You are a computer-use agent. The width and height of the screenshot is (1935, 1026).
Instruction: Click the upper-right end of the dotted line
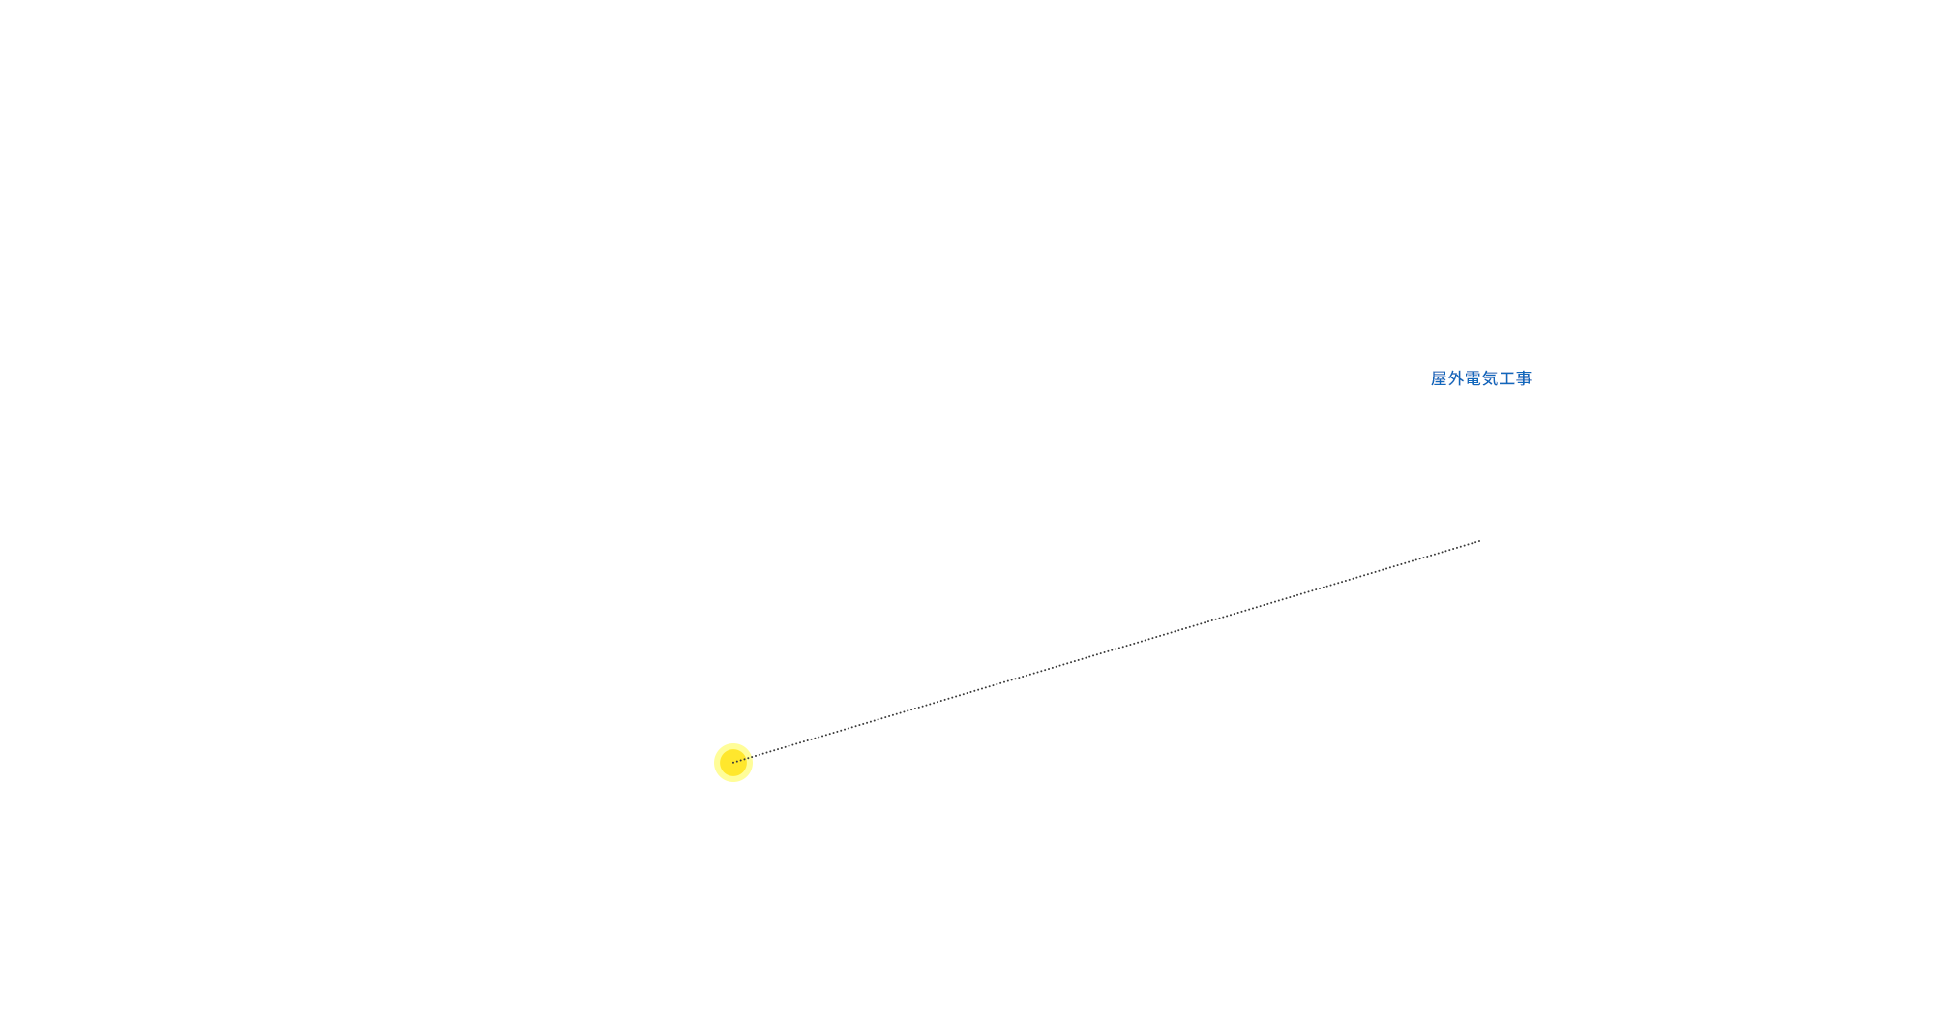coord(1480,541)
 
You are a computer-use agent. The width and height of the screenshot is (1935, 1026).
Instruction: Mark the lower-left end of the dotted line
coord(733,763)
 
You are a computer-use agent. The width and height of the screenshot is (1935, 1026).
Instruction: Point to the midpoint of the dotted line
coord(1107,651)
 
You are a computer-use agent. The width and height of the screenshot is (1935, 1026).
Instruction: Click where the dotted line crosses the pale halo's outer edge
coord(752,757)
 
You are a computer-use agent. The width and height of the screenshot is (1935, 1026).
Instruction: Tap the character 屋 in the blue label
coord(1440,378)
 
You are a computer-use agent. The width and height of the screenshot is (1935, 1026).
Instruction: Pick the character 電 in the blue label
coord(1474,378)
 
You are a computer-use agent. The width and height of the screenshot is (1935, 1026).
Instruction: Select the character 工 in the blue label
coord(1507,378)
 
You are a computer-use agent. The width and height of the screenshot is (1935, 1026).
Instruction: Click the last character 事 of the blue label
coord(1524,378)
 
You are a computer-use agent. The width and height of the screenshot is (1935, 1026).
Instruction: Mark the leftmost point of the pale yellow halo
coord(714,763)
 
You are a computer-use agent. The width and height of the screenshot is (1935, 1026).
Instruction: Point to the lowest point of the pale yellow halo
coord(733,782)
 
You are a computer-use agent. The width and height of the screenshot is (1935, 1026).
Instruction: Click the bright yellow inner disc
coord(733,763)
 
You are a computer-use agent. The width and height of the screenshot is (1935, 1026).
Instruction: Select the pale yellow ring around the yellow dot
coord(733,763)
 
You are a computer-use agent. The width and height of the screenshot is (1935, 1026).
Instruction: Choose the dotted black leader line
coord(1107,651)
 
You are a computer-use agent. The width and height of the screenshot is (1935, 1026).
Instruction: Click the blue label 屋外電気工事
coord(1481,378)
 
